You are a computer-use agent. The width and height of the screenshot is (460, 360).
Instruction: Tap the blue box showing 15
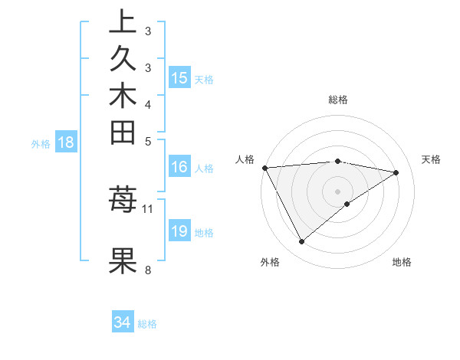pyautogui.click(x=179, y=78)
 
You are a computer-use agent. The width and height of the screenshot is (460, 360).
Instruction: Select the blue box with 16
pyautogui.click(x=179, y=167)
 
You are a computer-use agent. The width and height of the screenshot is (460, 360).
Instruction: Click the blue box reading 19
pyautogui.click(x=179, y=231)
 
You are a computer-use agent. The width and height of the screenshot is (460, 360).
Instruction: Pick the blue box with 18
pyautogui.click(x=66, y=142)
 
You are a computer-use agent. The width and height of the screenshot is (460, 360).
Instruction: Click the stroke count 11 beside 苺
pyautogui.click(x=148, y=208)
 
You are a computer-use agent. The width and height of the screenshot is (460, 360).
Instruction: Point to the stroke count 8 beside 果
pyautogui.click(x=148, y=269)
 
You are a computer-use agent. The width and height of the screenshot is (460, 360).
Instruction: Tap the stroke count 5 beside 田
pyautogui.click(x=148, y=141)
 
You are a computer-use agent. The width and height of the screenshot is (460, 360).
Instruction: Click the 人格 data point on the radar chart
pyautogui.click(x=264, y=167)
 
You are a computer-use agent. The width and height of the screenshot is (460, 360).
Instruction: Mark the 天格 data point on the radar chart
pyautogui.click(x=396, y=172)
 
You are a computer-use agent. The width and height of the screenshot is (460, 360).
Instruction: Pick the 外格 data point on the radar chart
pyautogui.click(x=301, y=242)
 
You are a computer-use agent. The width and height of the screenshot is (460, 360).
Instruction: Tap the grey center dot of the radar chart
pyautogui.click(x=337, y=191)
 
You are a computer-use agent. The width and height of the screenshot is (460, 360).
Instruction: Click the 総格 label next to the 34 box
pyautogui.click(x=147, y=324)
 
